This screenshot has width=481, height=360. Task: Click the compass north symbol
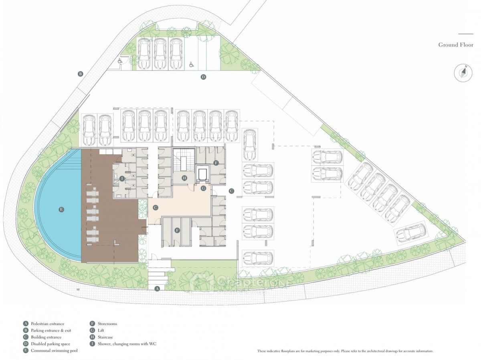pos(463,73)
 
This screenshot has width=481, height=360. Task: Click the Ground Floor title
pos(455,45)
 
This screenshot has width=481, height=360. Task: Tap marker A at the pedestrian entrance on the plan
pos(157,288)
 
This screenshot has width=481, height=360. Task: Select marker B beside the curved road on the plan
pos(80,74)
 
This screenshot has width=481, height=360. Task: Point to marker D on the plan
pos(203,77)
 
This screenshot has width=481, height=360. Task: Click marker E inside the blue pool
pos(61,209)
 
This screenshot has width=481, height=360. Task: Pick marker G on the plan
pos(203,188)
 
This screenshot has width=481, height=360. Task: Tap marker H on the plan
pos(184,178)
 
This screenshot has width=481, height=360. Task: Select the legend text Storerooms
pos(107,324)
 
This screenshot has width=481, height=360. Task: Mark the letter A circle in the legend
pos(26,324)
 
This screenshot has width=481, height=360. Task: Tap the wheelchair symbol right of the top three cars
pos(191,64)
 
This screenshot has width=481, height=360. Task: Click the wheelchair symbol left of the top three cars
pos(120,61)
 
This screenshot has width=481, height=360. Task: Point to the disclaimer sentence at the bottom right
pos(345,351)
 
